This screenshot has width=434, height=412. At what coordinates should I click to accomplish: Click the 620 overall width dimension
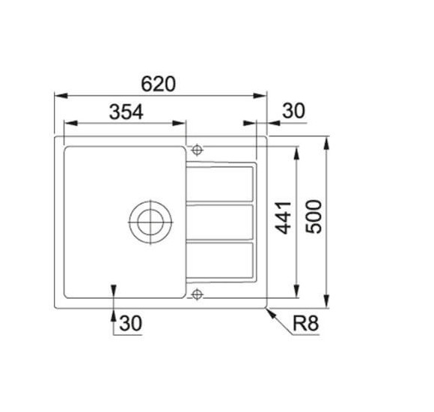[x=161, y=85]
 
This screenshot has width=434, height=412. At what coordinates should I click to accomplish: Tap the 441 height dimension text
[x=283, y=216]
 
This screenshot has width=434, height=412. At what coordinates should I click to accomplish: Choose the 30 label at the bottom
[x=130, y=324]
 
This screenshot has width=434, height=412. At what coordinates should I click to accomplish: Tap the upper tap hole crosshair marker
[x=198, y=148]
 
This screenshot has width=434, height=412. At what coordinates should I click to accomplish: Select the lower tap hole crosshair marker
[x=198, y=293]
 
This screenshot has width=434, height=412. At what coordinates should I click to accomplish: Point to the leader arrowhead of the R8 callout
[x=269, y=309]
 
